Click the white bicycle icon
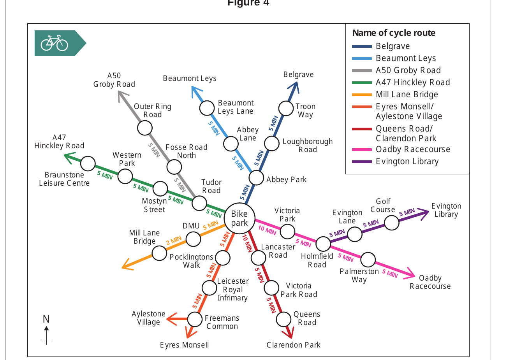(55, 43)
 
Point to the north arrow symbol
(46, 335)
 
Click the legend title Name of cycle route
(394, 33)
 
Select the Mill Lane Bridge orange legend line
(362, 95)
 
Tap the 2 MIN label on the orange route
(174, 240)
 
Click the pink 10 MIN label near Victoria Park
(267, 230)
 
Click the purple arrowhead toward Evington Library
(423, 214)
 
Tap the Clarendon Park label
(293, 345)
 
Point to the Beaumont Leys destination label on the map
(190, 78)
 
